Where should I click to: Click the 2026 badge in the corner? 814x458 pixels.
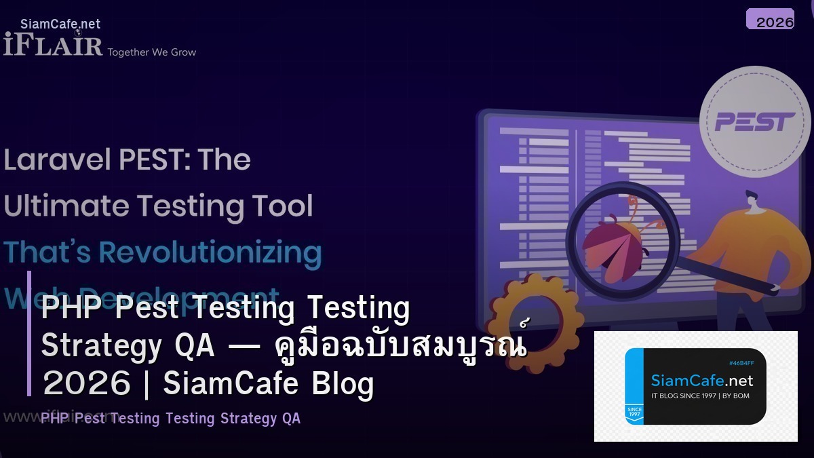click(770, 20)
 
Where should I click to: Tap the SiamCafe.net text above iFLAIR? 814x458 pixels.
click(60, 24)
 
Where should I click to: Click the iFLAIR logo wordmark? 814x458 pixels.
click(53, 45)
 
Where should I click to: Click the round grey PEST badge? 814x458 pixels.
click(754, 122)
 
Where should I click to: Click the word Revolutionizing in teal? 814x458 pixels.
click(210, 252)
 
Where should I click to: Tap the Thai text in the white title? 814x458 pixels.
click(401, 346)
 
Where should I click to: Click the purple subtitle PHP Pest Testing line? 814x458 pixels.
click(170, 418)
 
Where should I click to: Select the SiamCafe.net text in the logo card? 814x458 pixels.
click(701, 380)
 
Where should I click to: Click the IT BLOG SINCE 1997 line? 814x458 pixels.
click(700, 396)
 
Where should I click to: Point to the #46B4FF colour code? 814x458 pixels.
click(741, 363)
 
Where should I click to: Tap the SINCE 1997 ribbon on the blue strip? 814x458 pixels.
click(634, 412)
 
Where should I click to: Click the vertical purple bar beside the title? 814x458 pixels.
click(29, 332)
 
